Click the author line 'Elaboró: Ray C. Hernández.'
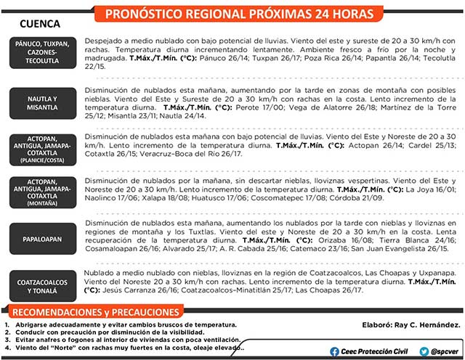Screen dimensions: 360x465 coord(411,323)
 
